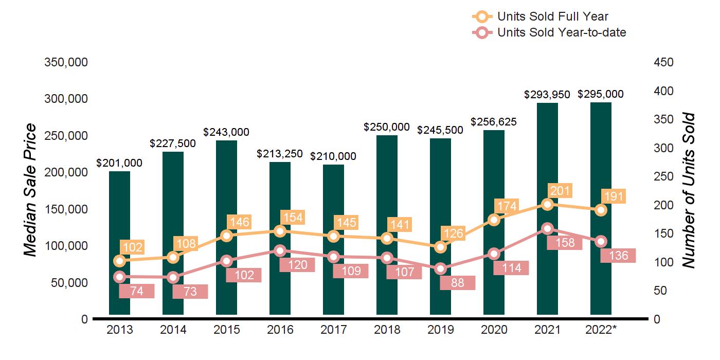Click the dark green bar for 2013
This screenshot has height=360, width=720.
119,216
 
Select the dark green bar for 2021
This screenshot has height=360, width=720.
547,154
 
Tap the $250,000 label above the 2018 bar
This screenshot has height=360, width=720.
387,127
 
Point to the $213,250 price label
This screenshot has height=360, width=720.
280,154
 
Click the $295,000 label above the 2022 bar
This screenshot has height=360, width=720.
601,94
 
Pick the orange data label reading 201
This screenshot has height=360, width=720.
560,191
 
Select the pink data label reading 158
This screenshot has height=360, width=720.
564,243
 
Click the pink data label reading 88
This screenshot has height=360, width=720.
458,283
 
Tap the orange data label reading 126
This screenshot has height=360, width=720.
453,233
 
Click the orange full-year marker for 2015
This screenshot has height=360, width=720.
226,236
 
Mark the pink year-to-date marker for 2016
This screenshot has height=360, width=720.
280,251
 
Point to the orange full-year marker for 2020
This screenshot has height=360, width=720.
494,220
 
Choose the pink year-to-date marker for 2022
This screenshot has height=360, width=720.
601,242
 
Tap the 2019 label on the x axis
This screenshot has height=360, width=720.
440,330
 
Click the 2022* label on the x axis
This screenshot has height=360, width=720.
601,330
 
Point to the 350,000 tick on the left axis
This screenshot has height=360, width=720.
67,62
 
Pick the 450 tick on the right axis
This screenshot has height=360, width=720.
663,62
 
